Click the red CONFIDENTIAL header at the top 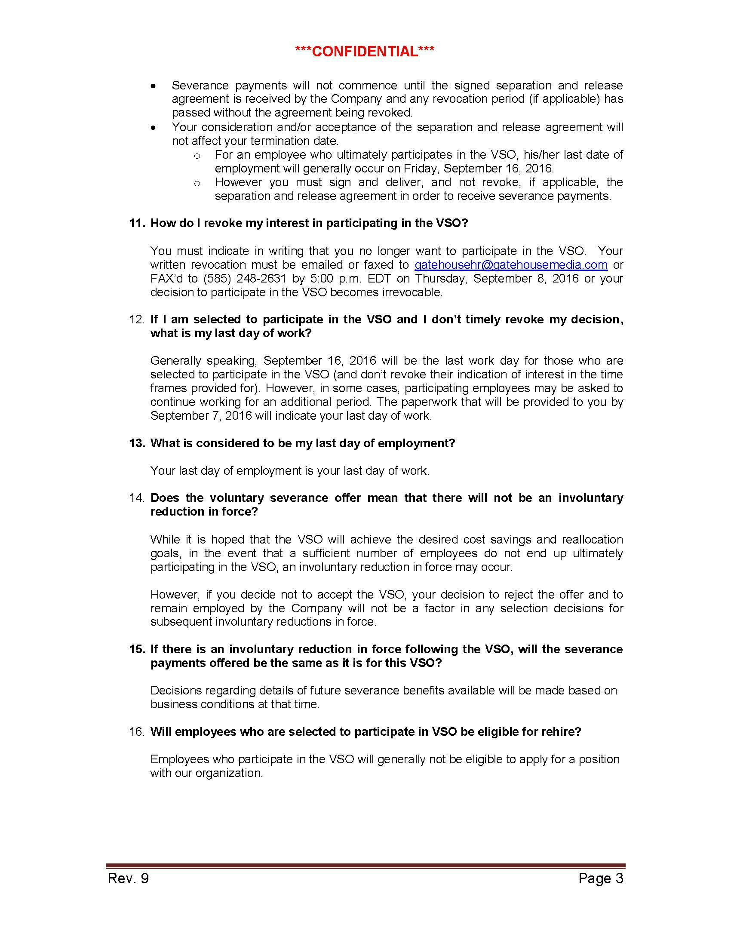(x=365, y=52)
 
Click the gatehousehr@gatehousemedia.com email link (x=511, y=264)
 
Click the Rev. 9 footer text (x=128, y=878)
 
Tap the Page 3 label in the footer (x=601, y=878)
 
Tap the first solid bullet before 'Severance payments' (x=154, y=86)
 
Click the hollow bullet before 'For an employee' (x=197, y=156)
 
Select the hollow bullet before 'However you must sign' (x=197, y=184)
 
